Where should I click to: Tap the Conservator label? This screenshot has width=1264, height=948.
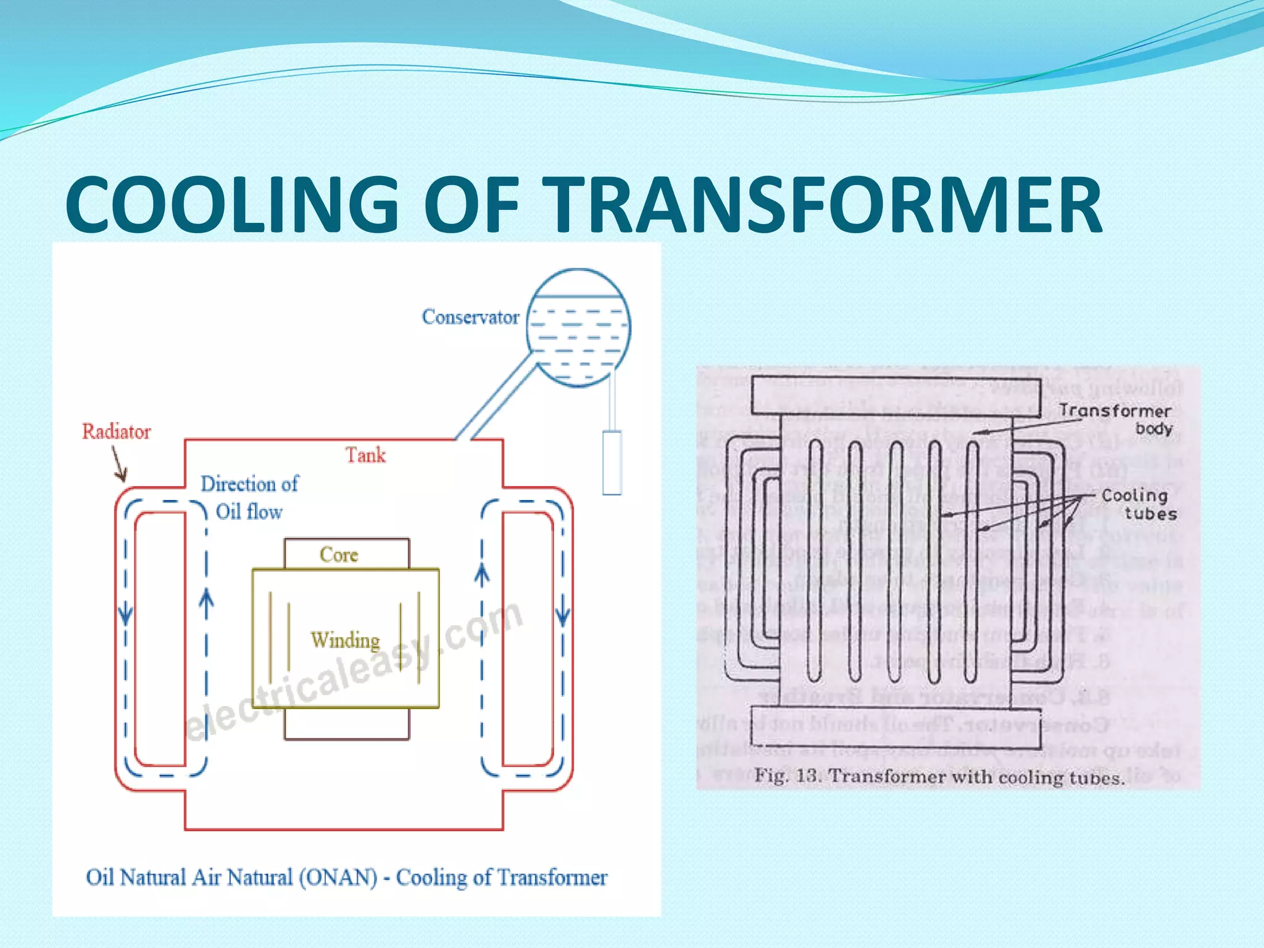coord(470,317)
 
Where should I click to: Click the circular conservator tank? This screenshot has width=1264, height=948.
coord(578,327)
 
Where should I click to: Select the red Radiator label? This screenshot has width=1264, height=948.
coord(116,431)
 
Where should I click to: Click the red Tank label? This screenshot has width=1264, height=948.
coord(365,455)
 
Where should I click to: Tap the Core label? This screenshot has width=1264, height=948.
coord(338,554)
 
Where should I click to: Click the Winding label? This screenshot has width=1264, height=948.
coord(345,640)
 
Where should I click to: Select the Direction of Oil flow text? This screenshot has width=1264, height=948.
coord(249,497)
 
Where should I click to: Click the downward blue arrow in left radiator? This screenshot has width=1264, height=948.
coord(125,613)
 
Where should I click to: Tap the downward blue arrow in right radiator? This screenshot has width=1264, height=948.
coord(562,615)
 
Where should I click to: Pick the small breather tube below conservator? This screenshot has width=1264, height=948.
coord(612,462)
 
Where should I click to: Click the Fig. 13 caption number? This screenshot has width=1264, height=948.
coord(806,775)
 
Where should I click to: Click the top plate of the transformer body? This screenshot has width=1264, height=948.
coord(896,395)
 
